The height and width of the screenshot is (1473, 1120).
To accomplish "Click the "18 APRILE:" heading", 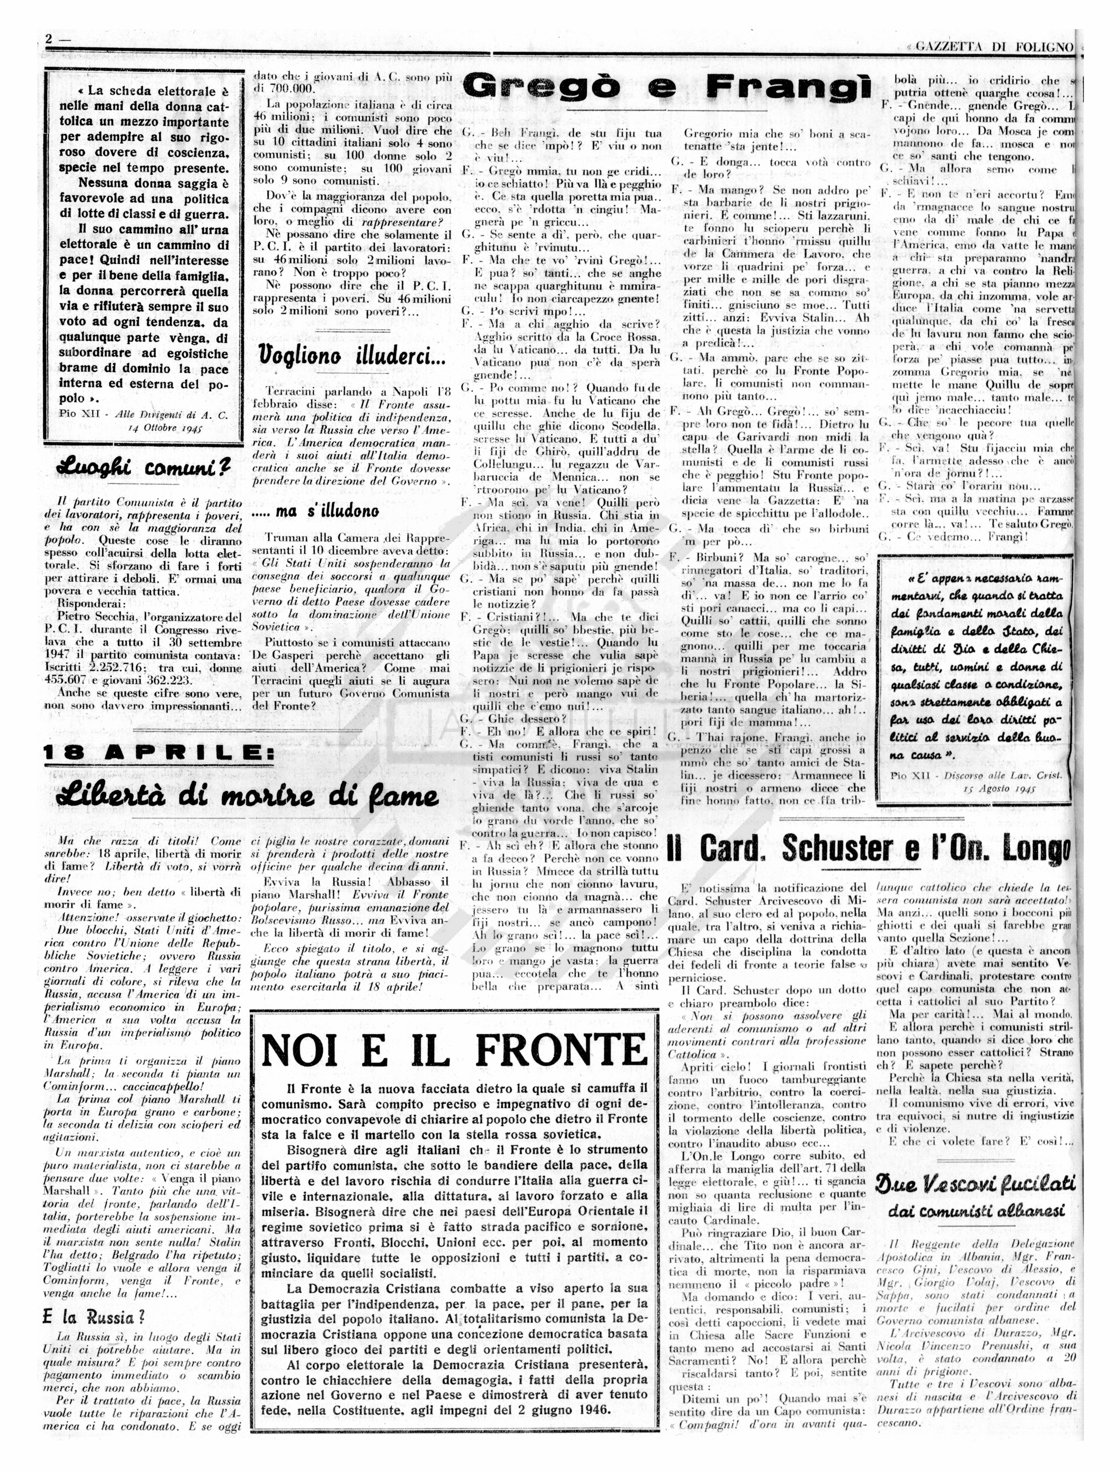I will pos(159,753).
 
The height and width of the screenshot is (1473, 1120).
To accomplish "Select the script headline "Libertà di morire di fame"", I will pos(248,795).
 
